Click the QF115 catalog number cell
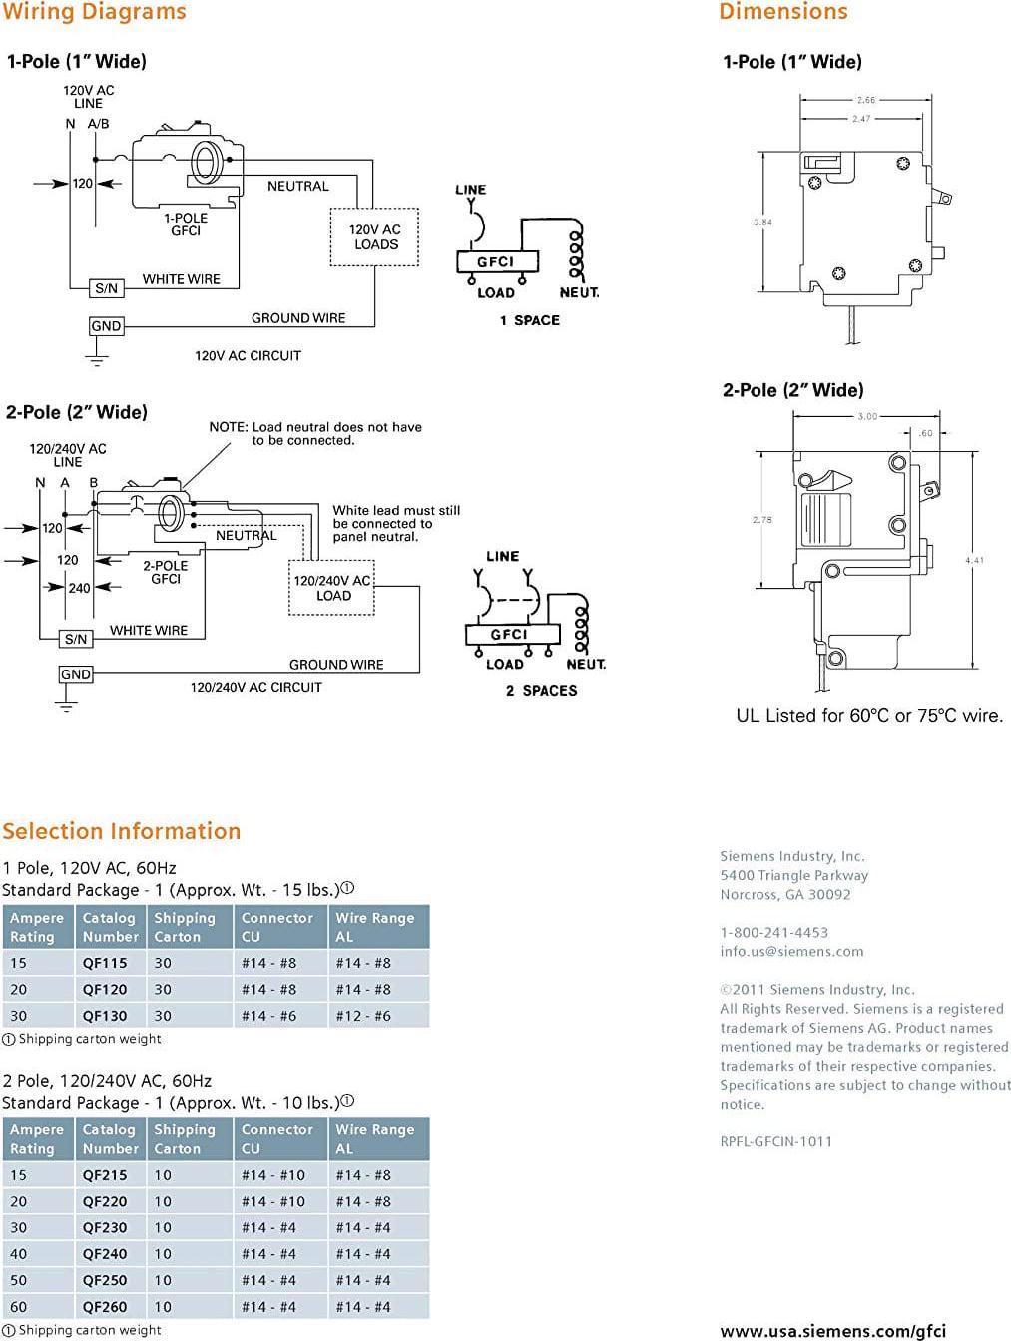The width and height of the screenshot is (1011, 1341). (x=105, y=963)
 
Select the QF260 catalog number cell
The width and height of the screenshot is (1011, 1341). (x=105, y=1306)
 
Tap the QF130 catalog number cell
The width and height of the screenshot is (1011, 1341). (x=105, y=1016)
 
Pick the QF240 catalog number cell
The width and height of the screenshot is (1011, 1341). (x=105, y=1254)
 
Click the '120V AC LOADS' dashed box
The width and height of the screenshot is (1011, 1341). (x=375, y=237)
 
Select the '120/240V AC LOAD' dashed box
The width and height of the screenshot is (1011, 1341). (x=333, y=588)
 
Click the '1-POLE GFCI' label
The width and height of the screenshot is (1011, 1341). (x=186, y=224)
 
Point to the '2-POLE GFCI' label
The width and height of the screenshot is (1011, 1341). (x=165, y=572)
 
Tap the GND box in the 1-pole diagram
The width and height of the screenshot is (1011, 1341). (x=106, y=326)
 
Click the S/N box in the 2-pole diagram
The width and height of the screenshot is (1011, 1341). (x=76, y=639)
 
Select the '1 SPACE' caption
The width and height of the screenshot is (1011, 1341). (x=530, y=320)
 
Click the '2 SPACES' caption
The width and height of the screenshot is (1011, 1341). (x=541, y=690)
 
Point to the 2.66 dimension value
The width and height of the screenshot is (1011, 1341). (x=865, y=100)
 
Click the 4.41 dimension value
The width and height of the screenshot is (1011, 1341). (x=974, y=560)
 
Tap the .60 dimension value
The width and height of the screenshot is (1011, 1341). (x=925, y=433)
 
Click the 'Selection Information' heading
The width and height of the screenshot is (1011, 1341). (x=122, y=831)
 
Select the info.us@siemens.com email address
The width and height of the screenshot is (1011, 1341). (x=791, y=951)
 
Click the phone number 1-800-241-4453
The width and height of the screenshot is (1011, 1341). (x=774, y=932)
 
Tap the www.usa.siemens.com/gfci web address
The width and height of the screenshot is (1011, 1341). (x=832, y=1331)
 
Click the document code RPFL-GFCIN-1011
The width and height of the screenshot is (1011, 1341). (x=775, y=1141)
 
